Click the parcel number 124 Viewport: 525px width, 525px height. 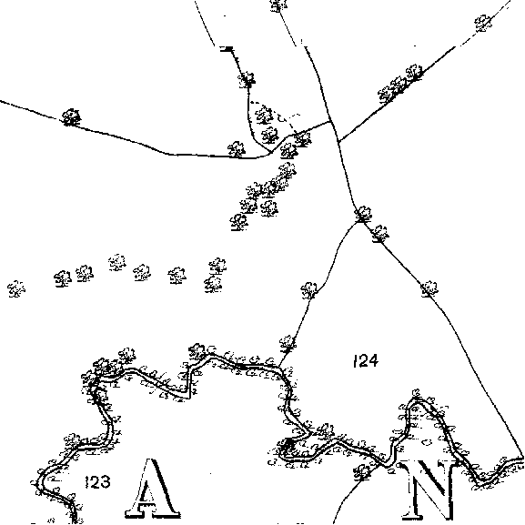tap(366, 361)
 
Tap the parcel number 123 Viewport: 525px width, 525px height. tap(97, 482)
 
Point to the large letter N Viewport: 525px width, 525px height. tap(429, 491)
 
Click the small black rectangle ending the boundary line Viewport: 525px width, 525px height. tap(227, 49)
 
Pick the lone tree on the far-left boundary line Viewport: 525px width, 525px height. tap(71, 117)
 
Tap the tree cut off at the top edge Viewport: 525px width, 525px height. tap(278, 5)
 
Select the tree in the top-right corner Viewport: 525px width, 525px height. tap(483, 24)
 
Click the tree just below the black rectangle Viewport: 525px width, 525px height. tap(247, 80)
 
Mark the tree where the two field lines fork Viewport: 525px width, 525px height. tap(363, 215)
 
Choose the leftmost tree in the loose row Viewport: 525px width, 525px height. tap(16, 288)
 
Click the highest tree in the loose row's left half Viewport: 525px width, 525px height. tap(117, 262)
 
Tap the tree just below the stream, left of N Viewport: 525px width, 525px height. tap(363, 472)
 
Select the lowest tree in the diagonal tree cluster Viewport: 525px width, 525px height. tap(238, 222)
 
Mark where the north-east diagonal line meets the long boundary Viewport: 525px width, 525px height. tap(338, 142)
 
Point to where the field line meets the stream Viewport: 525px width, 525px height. tap(279, 366)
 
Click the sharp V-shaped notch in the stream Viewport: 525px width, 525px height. tap(190, 398)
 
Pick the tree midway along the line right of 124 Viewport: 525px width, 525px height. tap(429, 288)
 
